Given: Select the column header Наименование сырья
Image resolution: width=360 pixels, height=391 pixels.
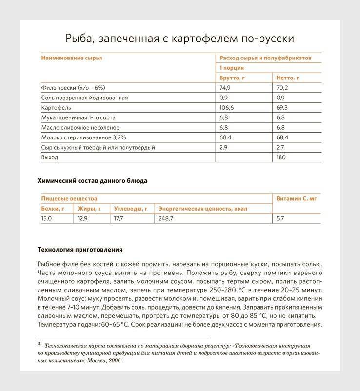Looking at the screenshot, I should tap(71, 58).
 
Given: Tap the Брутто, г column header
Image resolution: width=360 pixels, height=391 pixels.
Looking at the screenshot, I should tap(232, 78).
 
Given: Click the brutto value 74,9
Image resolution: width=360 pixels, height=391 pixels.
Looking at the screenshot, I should tap(224, 88).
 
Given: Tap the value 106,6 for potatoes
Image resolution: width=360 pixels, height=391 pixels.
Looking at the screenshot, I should tap(227, 108).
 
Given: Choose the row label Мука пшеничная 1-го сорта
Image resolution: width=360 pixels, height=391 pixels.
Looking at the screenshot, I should tap(79, 117).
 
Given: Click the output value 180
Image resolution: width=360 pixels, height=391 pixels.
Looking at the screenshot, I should tap(281, 157).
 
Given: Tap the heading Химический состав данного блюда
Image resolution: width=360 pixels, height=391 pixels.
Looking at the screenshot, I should tap(92, 181).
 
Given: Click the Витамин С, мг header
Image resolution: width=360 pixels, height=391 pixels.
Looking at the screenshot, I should tap(296, 199).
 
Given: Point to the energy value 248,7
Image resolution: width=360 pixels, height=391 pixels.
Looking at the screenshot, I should tap(166, 219).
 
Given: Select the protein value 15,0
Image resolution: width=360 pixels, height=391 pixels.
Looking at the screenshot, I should tap(46, 219).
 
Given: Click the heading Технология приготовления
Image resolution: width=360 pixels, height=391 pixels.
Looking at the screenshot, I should tap(80, 250).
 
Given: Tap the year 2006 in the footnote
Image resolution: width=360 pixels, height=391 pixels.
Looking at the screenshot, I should tap(114, 361).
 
